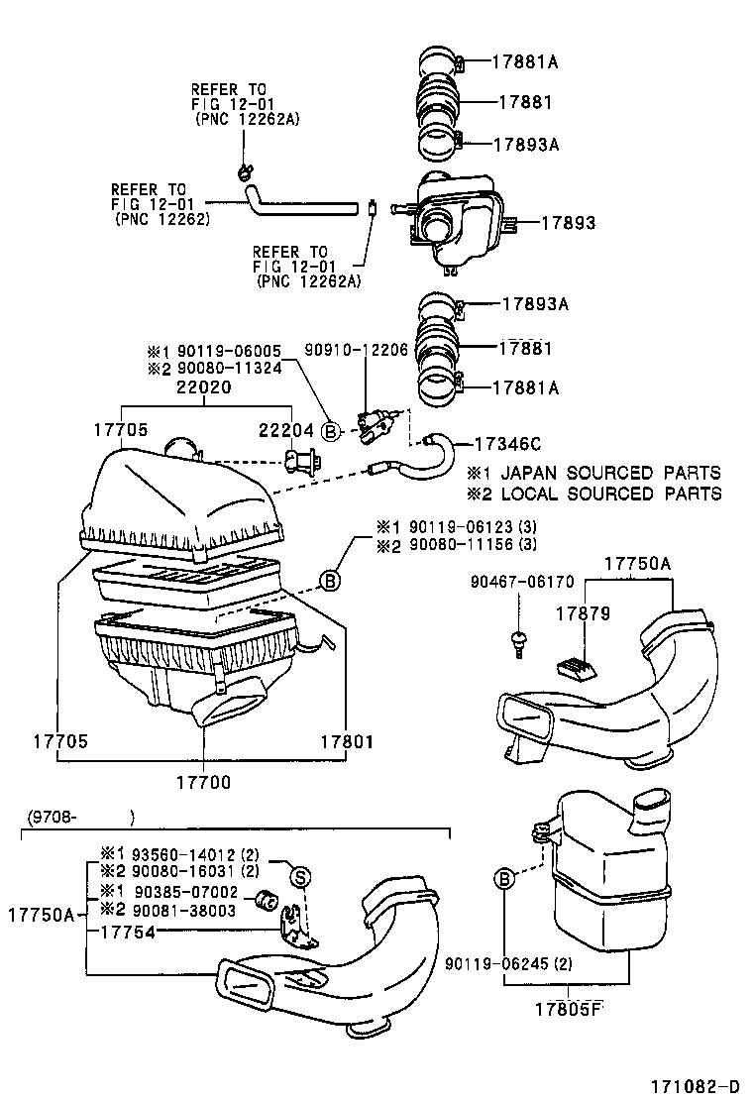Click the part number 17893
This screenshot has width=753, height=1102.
pyautogui.click(x=569, y=224)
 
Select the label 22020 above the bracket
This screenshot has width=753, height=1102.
pyautogui.click(x=205, y=387)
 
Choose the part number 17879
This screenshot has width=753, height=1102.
pyautogui.click(x=583, y=614)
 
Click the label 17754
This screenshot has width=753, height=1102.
pyautogui.click(x=129, y=933)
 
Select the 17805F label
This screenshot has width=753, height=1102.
pyautogui.click(x=569, y=1010)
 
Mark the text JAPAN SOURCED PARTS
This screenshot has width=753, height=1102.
pyautogui.click(x=609, y=473)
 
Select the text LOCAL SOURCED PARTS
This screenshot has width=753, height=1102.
pyautogui.click(x=609, y=494)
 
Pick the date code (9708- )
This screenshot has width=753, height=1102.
pyautogui.click(x=77, y=819)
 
